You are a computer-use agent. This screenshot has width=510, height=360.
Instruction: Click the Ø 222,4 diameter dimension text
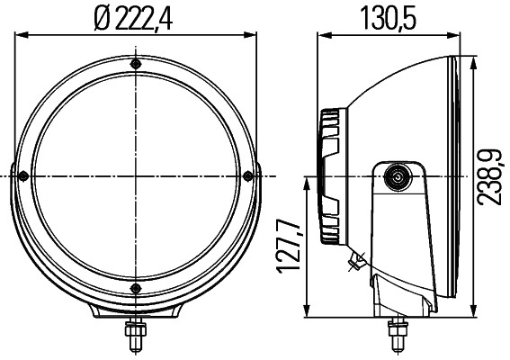(x=135, y=17)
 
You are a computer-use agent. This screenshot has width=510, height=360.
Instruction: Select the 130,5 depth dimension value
(x=389, y=17)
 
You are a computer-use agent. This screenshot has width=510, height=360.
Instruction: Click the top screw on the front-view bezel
(x=135, y=65)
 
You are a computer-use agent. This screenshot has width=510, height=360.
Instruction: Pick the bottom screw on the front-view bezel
(x=135, y=287)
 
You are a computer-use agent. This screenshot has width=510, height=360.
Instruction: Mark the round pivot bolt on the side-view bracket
(x=395, y=177)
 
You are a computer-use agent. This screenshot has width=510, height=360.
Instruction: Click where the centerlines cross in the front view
(x=135, y=175)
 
